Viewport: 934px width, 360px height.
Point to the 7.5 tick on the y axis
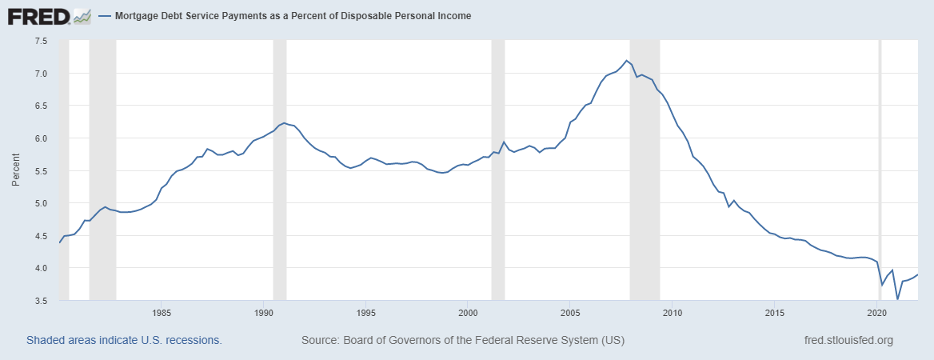pos(41,41)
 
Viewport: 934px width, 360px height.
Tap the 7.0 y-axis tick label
pos(41,74)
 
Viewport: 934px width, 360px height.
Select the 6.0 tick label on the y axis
pos(41,138)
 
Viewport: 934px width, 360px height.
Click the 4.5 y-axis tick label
pos(41,236)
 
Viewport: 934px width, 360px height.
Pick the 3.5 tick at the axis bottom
pos(41,301)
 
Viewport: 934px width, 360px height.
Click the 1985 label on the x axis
pos(162,312)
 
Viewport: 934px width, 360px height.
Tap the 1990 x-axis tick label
pos(264,312)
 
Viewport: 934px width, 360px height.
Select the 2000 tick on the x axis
pos(468,312)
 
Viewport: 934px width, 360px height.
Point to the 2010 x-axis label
pos(672,312)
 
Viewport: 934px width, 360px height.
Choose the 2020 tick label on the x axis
pos(876,312)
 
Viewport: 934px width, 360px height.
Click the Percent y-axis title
pos(16,170)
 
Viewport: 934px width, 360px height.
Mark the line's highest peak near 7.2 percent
pos(626,61)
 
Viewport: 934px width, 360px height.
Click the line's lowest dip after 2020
pos(897,299)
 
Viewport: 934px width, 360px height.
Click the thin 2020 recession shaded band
pos(880,160)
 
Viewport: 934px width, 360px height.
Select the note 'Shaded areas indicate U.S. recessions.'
pos(124,340)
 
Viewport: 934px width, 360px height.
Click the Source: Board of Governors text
pos(463,340)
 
